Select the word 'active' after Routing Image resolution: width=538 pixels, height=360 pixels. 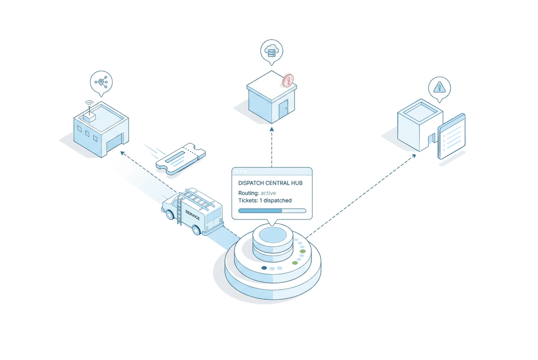click(268, 193)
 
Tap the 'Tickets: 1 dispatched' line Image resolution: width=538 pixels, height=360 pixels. click(265, 201)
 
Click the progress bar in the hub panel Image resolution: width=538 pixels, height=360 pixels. click(272, 211)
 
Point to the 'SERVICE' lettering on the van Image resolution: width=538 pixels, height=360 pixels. click(193, 216)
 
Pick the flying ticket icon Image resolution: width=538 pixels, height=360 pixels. click(180, 158)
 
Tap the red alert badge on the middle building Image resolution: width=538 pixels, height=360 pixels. click(289, 81)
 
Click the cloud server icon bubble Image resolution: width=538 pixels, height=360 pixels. click(272, 51)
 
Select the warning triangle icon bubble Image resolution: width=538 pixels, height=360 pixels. click(439, 88)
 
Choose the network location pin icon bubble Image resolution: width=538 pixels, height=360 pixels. click(101, 82)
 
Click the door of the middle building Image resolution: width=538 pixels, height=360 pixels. click(283, 111)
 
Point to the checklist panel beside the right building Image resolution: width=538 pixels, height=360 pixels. click(452, 135)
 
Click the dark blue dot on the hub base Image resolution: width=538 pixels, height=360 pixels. click(264, 268)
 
